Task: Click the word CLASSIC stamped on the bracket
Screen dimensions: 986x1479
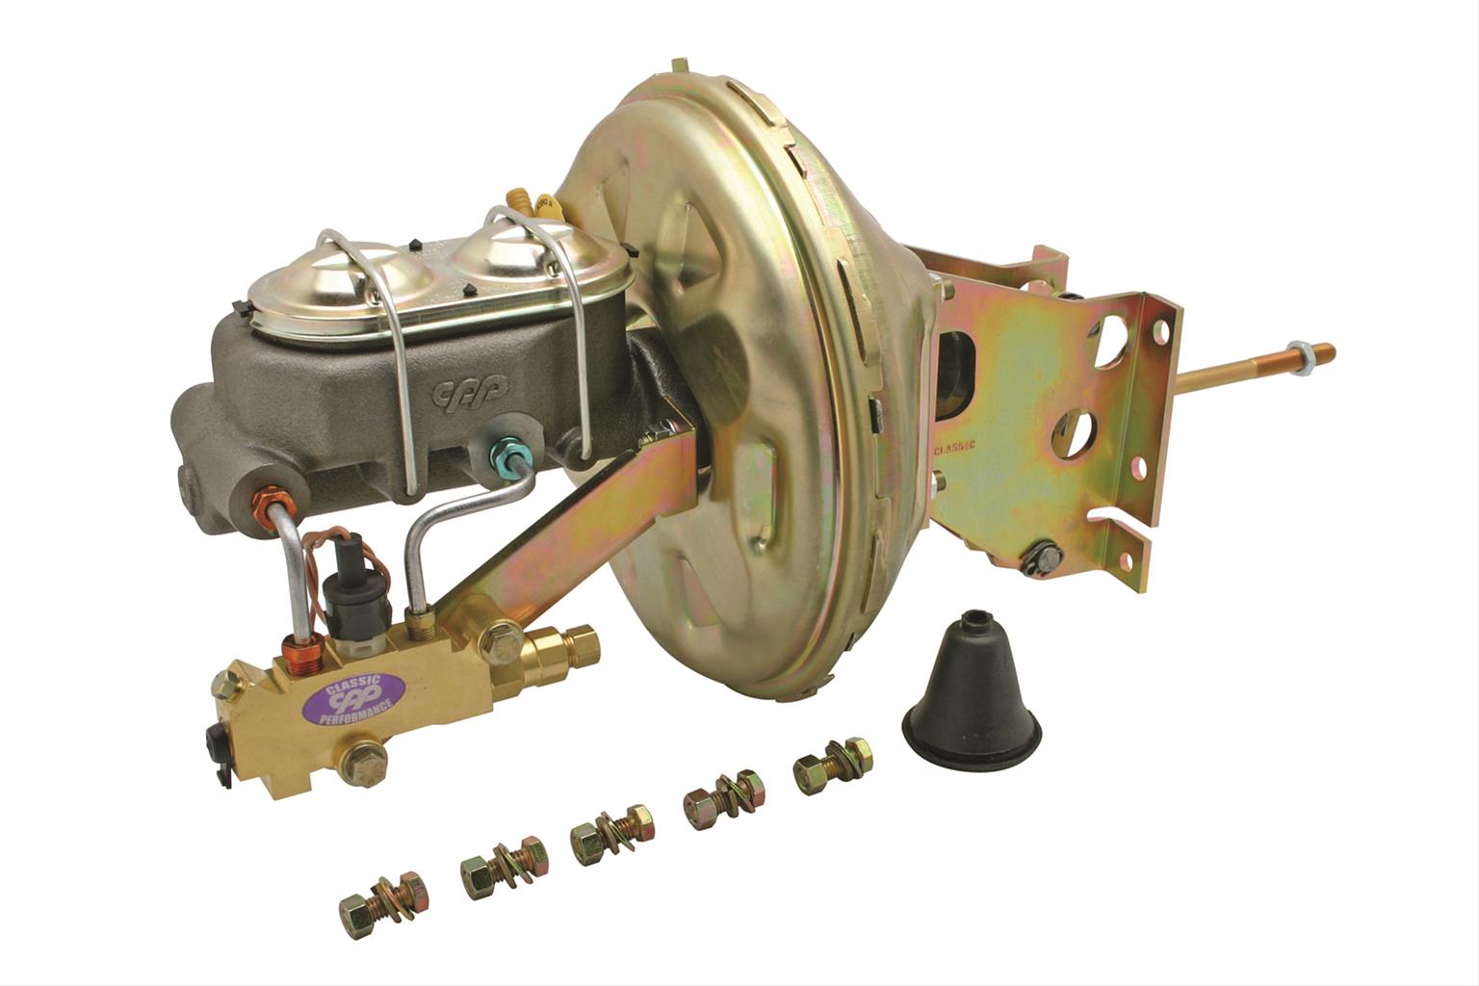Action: pos(954,447)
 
